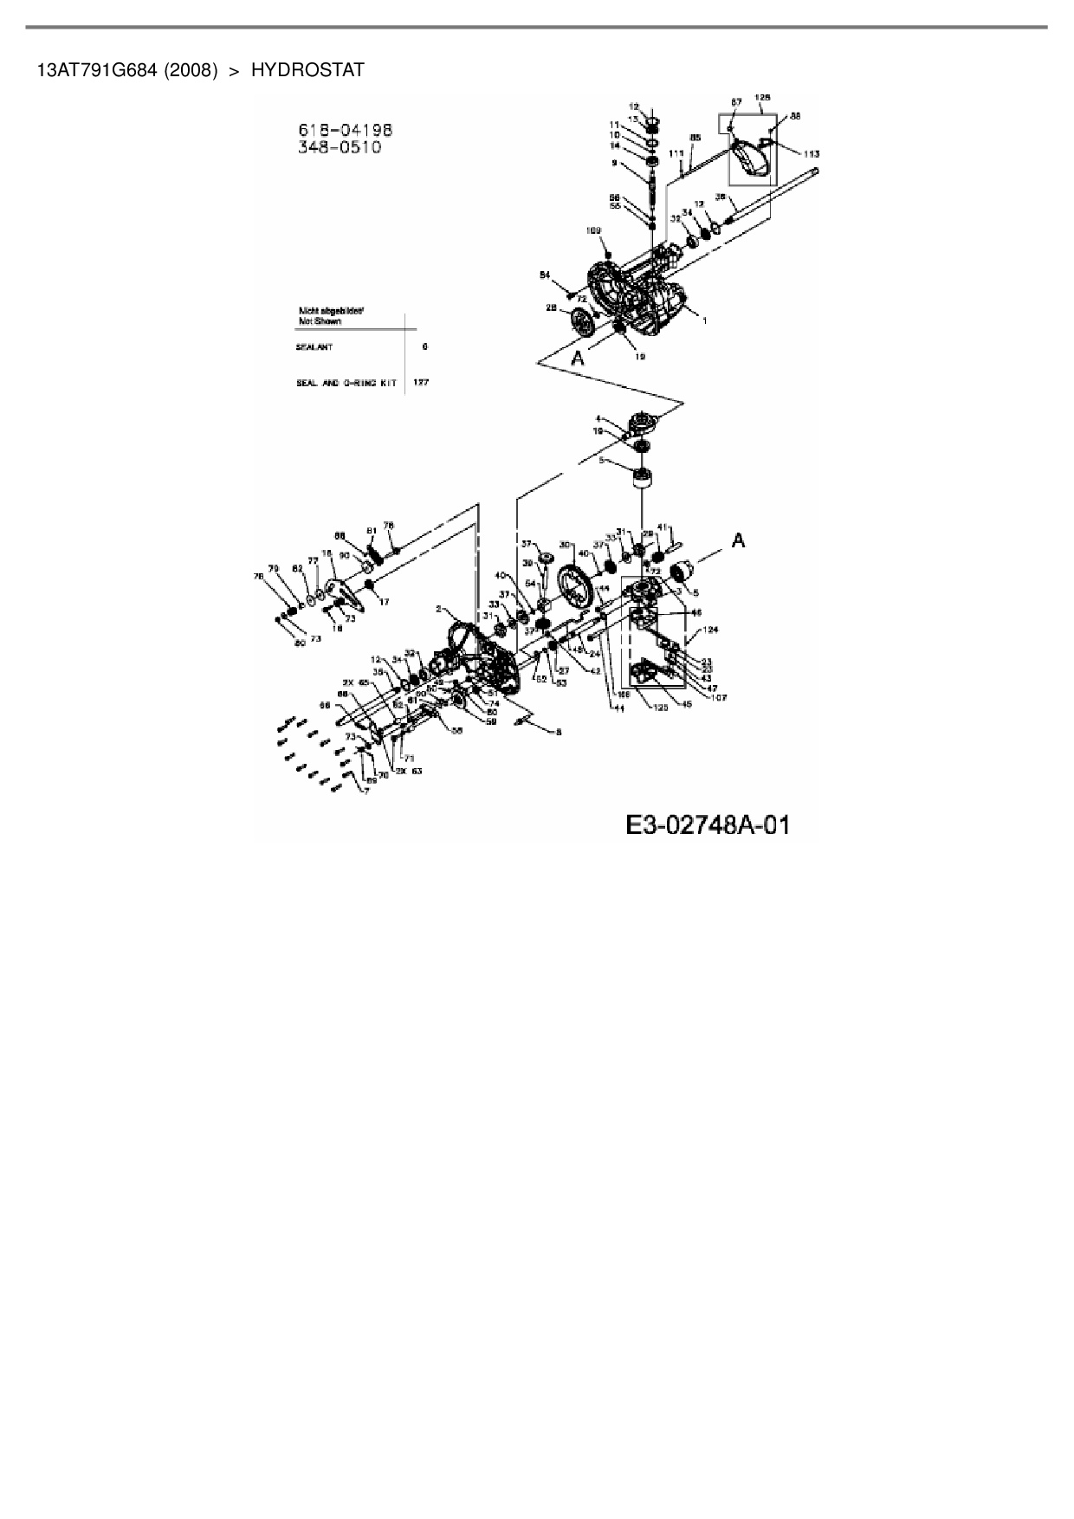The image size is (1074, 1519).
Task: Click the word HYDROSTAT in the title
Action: [307, 70]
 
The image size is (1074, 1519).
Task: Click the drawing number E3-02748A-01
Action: [708, 824]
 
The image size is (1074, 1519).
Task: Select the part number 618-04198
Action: [345, 130]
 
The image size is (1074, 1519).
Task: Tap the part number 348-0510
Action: [339, 147]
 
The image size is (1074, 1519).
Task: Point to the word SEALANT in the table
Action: [314, 347]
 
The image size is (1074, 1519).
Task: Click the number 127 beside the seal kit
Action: [421, 382]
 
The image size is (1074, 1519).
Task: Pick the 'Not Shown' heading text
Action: [320, 321]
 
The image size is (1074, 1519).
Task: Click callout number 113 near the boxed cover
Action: [811, 153]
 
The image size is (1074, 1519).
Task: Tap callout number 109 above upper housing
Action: [593, 230]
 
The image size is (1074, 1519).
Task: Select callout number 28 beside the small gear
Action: [551, 308]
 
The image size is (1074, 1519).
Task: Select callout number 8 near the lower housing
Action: [558, 732]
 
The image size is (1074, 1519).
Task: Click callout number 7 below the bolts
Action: [366, 791]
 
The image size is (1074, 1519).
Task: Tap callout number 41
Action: [662, 527]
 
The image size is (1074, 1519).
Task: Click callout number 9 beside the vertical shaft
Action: [614, 162]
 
